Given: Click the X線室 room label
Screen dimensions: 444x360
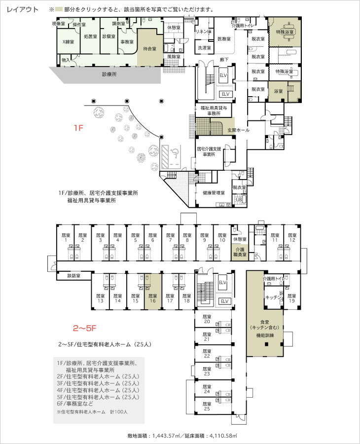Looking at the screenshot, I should [68, 42].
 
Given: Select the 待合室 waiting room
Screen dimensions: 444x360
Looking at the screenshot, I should [149, 48].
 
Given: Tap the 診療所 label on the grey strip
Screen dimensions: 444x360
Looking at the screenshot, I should [109, 74].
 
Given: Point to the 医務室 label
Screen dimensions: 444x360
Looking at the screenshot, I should [224, 38].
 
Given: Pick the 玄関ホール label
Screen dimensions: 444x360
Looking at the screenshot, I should [238, 130].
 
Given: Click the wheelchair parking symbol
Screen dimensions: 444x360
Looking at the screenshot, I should [174, 151].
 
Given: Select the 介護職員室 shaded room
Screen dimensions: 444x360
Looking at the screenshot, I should [240, 252].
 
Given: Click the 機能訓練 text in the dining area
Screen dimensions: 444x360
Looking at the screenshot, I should [265, 335].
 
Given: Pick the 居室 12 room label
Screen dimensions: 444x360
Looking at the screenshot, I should [292, 238].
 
